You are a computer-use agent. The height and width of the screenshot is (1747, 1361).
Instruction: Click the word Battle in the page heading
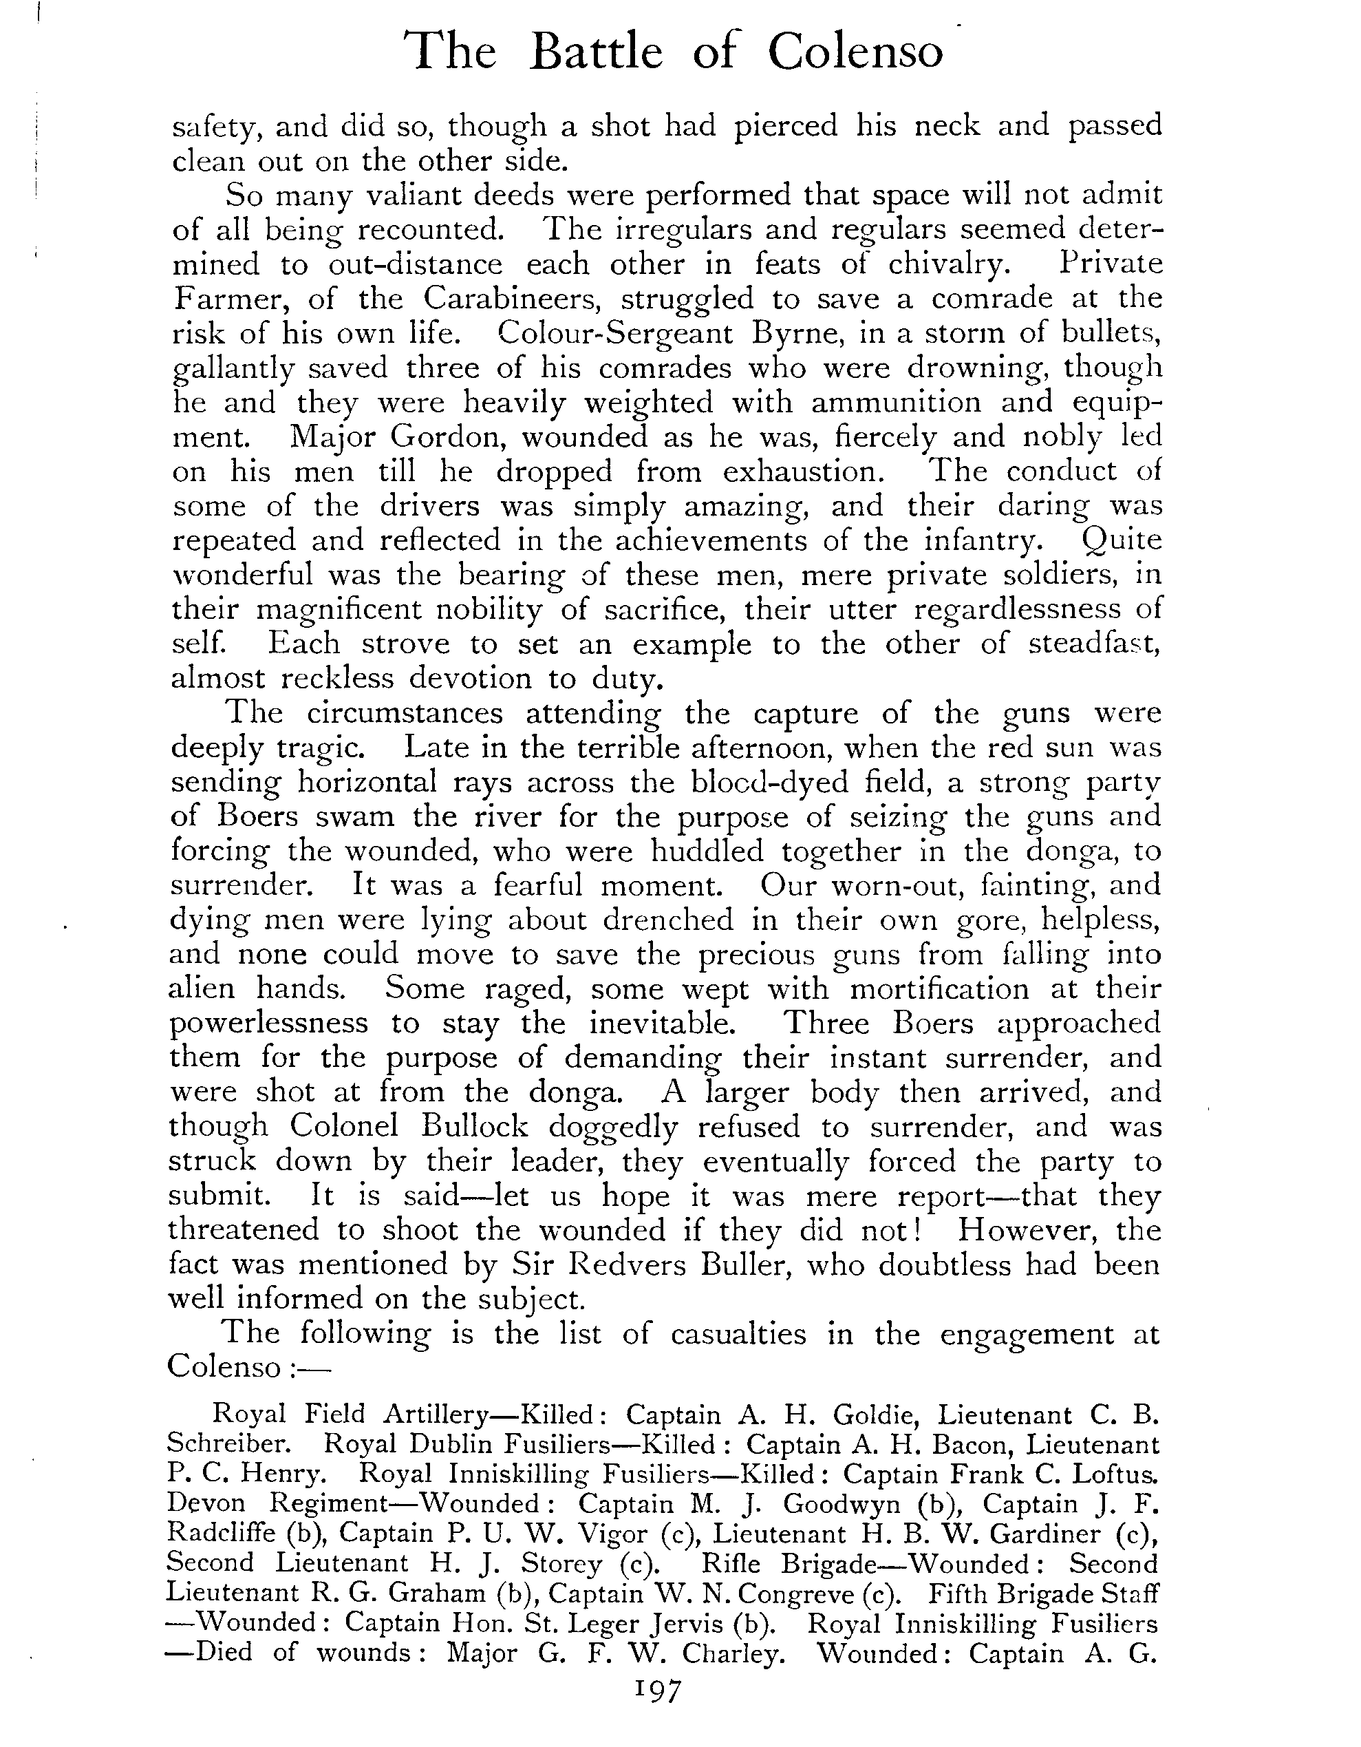click(x=597, y=53)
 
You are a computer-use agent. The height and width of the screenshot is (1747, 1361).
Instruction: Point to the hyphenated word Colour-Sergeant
click(x=614, y=334)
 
